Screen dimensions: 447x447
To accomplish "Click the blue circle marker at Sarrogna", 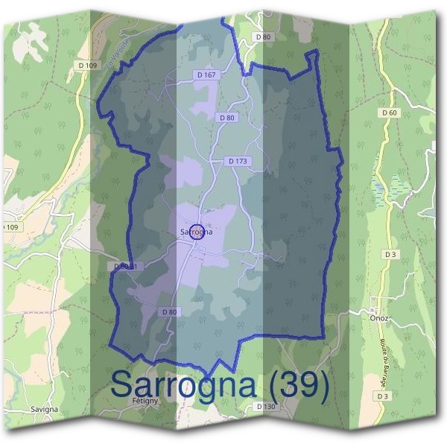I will tap(197, 231).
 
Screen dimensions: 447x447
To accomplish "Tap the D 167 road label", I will tap(207, 75).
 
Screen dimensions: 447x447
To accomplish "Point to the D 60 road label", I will tap(389, 112).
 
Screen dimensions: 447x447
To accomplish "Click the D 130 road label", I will tap(265, 406).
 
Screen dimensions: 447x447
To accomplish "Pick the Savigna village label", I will tap(45, 410).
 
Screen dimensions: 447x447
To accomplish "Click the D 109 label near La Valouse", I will tap(87, 66).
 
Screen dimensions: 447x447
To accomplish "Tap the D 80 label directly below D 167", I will tap(226, 118).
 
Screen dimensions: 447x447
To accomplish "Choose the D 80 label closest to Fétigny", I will tap(170, 311).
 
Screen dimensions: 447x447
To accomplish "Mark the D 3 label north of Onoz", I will tap(390, 255).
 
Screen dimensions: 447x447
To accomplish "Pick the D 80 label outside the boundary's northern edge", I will tap(263, 37).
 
